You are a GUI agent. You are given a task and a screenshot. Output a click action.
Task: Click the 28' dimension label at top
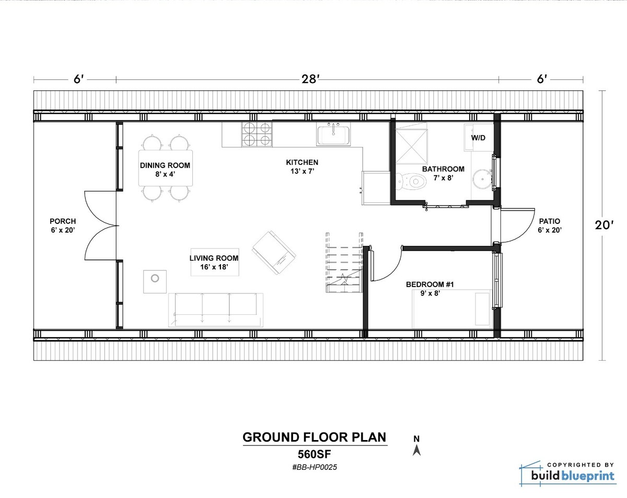pos(310,79)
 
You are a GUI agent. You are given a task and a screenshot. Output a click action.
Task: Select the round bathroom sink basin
pos(482,180)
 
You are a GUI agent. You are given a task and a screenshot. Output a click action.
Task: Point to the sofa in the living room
pos(215,310)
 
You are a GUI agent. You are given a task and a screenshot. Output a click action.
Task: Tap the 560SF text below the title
pos(315,453)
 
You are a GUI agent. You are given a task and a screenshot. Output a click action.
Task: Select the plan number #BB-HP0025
pos(315,468)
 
